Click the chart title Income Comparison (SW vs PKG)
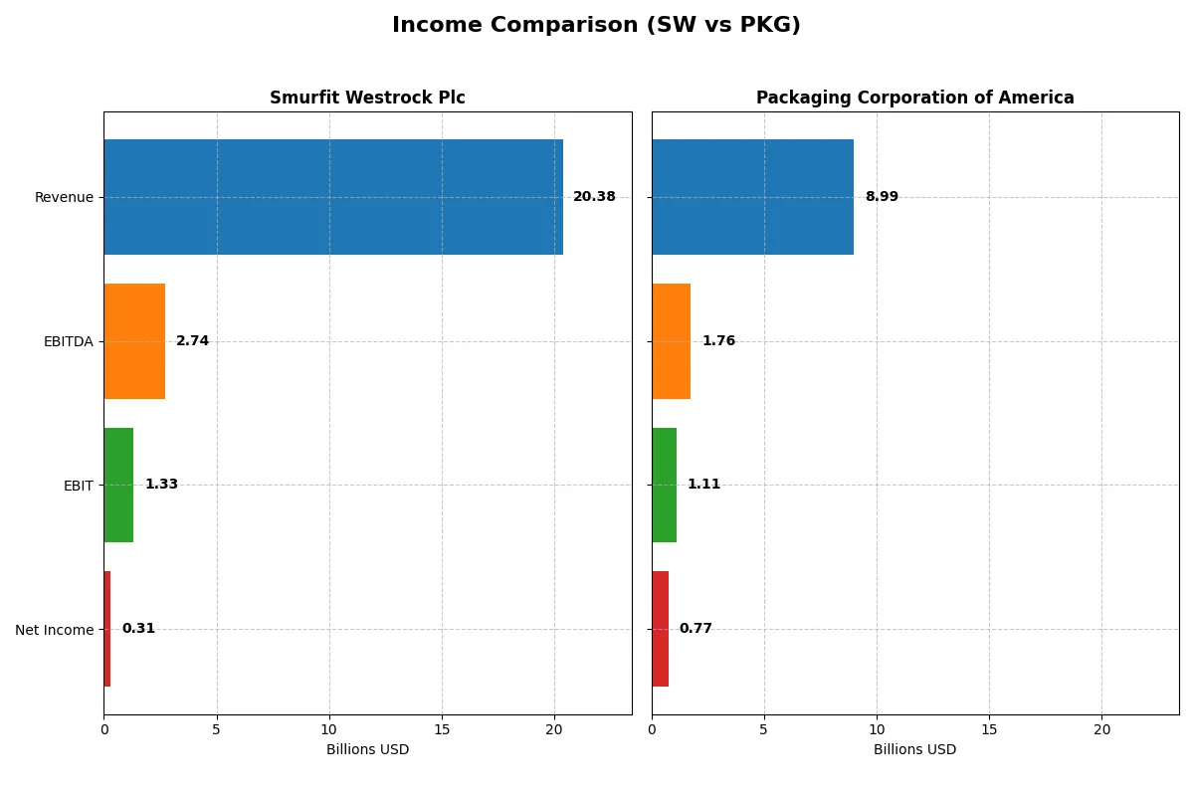coord(596,26)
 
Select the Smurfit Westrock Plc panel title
coord(367,98)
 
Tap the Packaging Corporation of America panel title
coord(914,98)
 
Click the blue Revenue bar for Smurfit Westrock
coord(333,197)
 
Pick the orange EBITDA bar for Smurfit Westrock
coord(134,341)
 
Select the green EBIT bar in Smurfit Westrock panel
coord(118,485)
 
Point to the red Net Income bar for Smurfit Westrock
coord(107,629)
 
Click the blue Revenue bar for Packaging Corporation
coord(752,197)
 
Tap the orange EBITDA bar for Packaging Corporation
coord(672,341)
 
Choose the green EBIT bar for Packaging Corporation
coord(665,485)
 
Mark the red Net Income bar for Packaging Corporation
coord(661,629)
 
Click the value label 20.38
coord(594,197)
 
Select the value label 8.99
coord(882,197)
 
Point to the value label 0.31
coord(138,629)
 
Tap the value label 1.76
coord(718,341)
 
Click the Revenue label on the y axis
coord(64,197)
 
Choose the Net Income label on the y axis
coord(55,630)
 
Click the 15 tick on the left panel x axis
coord(442,729)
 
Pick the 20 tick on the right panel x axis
coord(1101,729)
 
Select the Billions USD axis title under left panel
coord(367,749)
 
